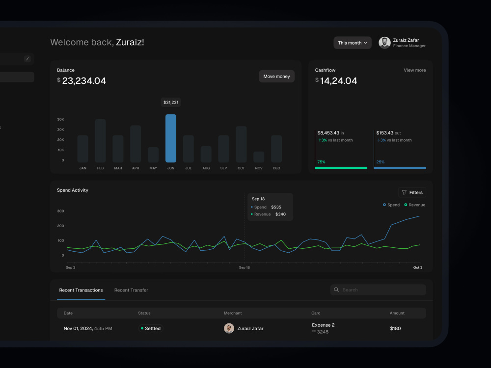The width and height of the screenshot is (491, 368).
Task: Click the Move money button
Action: pyautogui.click(x=276, y=77)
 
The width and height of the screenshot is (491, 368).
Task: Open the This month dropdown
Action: pyautogui.click(x=352, y=43)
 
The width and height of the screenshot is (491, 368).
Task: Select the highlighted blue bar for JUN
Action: pyautogui.click(x=171, y=138)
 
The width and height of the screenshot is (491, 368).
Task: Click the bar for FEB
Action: pyautogui.click(x=100, y=141)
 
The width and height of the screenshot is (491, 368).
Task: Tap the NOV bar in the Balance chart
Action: pyautogui.click(x=259, y=157)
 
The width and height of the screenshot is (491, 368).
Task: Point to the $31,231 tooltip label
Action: pyautogui.click(x=171, y=103)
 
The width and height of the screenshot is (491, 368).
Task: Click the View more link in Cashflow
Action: pyautogui.click(x=414, y=70)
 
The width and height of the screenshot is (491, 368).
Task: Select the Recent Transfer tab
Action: pyautogui.click(x=131, y=290)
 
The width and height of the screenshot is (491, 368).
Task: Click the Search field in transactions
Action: pyautogui.click(x=378, y=290)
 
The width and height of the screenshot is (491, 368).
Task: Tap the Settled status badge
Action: pyautogui.click(x=151, y=328)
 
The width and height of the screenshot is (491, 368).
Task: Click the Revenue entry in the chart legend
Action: pyautogui.click(x=414, y=205)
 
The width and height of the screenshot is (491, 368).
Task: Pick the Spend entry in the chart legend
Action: pyautogui.click(x=391, y=205)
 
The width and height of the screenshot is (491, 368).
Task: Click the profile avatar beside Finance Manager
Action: pyautogui.click(x=384, y=43)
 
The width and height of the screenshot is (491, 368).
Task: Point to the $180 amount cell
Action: pyautogui.click(x=395, y=328)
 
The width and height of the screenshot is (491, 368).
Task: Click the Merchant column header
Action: pyautogui.click(x=233, y=313)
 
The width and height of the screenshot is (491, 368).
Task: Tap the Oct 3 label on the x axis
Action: pyautogui.click(x=418, y=267)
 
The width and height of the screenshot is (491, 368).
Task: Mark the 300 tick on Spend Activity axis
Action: pyautogui.click(x=60, y=211)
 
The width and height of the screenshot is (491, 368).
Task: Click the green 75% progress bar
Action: pyautogui.click(x=341, y=168)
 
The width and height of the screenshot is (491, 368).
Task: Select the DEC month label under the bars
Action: pyautogui.click(x=276, y=168)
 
